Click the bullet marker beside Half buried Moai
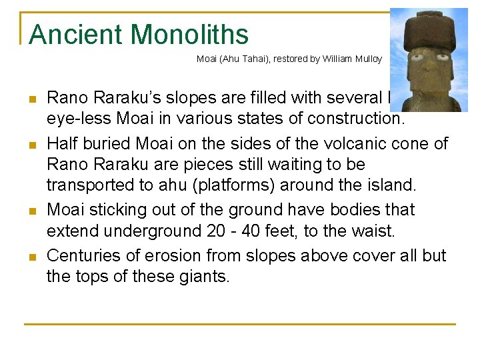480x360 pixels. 31,145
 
